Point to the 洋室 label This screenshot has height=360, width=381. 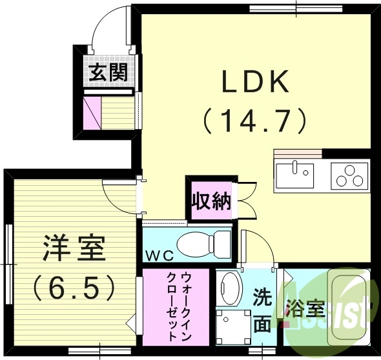74,248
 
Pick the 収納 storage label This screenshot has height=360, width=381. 211,201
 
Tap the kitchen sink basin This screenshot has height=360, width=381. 294,175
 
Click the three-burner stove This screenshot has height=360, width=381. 349,175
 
